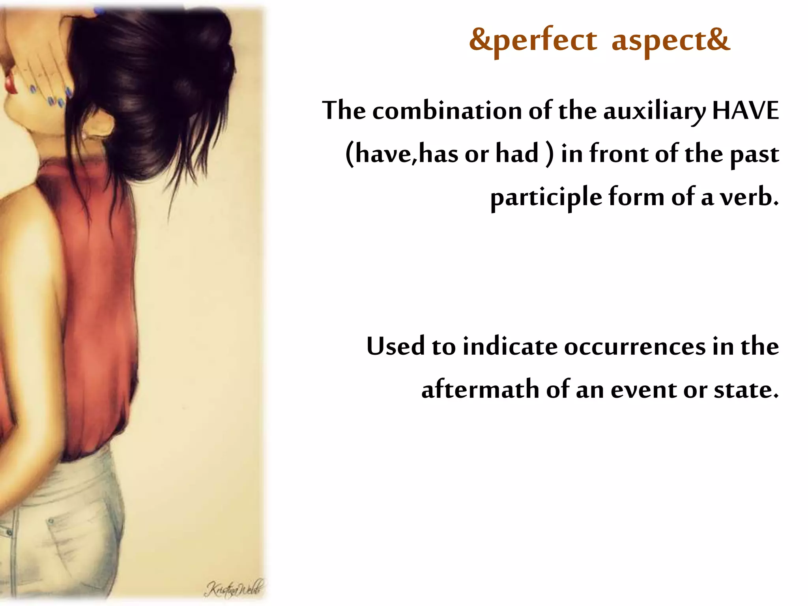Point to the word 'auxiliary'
click(654, 111)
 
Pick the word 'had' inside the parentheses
click(517, 153)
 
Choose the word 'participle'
click(546, 197)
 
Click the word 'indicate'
click(510, 346)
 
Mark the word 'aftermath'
click(480, 389)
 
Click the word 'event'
click(643, 389)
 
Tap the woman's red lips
click(12, 83)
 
